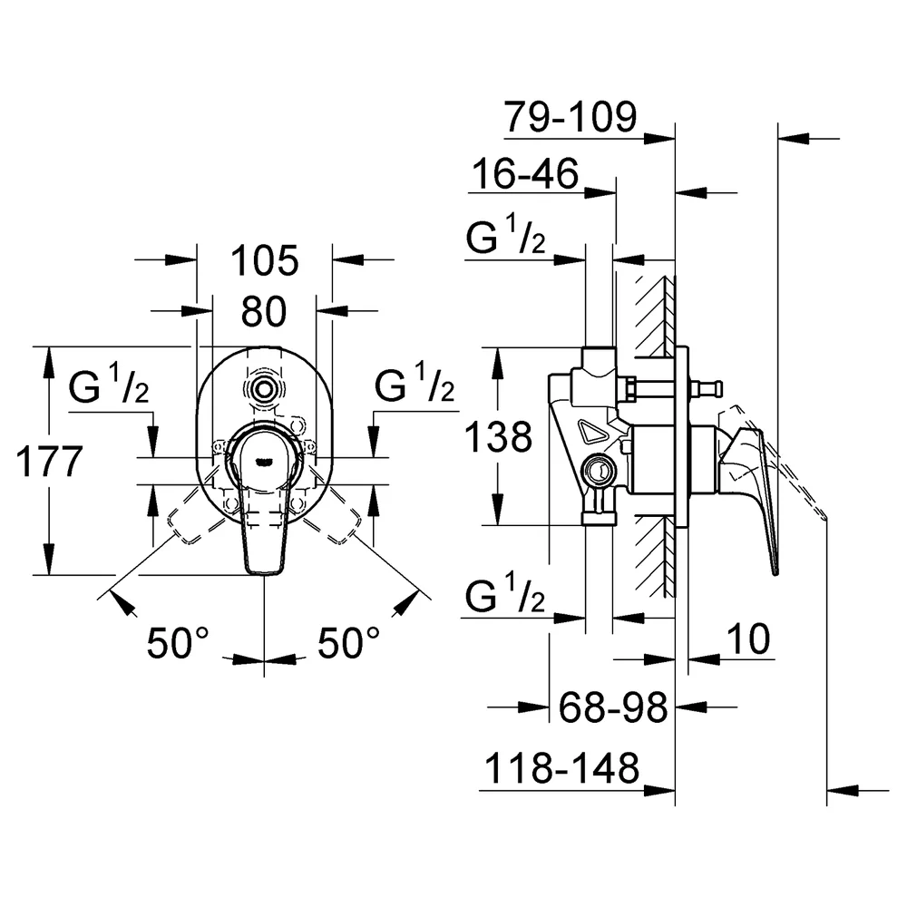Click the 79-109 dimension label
(570, 117)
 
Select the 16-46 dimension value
(525, 173)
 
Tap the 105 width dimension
(264, 261)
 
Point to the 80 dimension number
(264, 312)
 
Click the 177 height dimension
(49, 462)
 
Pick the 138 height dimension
(498, 437)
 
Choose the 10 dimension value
(748, 639)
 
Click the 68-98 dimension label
(613, 707)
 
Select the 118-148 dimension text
(561, 768)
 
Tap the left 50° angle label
(178, 643)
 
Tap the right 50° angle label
(349, 643)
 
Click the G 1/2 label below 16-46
(505, 234)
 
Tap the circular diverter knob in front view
(264, 389)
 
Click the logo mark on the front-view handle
(264, 461)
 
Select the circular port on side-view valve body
(599, 470)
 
